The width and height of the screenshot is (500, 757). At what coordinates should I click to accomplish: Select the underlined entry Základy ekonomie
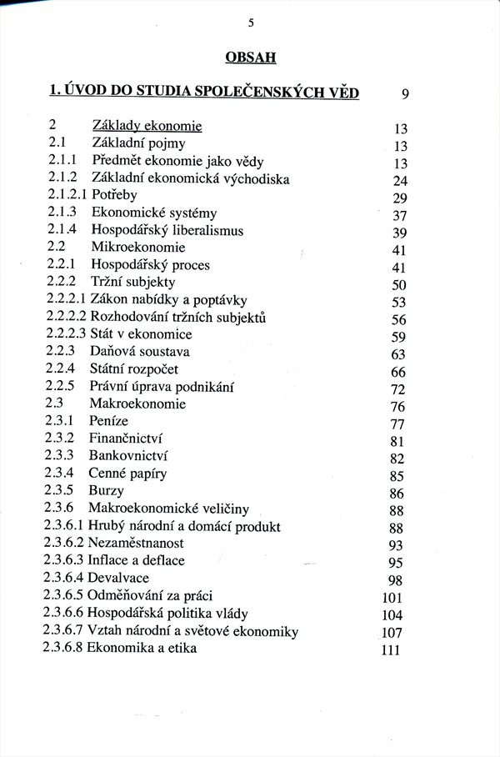pyautogui.click(x=147, y=126)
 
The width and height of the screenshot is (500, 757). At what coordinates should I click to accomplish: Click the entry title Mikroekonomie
pyautogui.click(x=137, y=248)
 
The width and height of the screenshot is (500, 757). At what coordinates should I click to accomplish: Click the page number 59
pyautogui.click(x=397, y=338)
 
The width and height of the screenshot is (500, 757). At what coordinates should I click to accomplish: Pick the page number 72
pyautogui.click(x=397, y=389)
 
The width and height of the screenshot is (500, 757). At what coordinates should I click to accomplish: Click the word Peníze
pyautogui.click(x=111, y=422)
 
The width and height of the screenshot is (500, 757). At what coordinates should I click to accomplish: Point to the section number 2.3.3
pyautogui.click(x=60, y=456)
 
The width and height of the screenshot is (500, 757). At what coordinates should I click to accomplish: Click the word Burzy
pyautogui.click(x=106, y=491)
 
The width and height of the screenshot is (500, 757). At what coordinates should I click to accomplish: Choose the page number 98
pyautogui.click(x=396, y=580)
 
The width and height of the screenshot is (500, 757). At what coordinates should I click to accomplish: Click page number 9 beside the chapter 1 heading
pyautogui.click(x=404, y=93)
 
